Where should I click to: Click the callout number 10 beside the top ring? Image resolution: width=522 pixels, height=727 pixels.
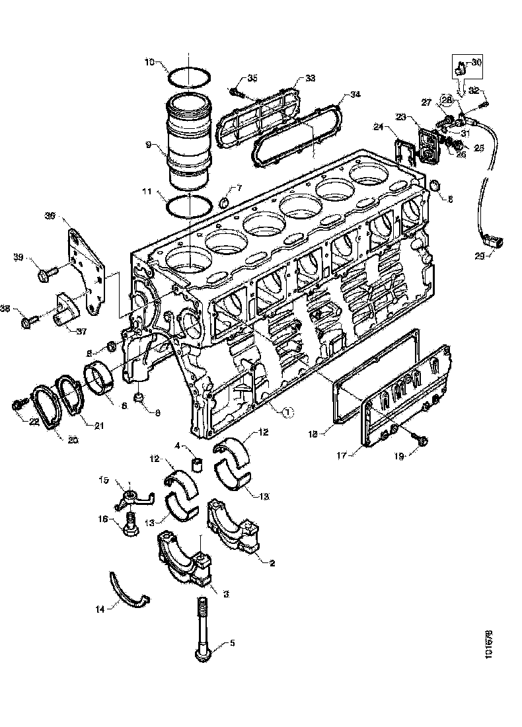(x=150, y=63)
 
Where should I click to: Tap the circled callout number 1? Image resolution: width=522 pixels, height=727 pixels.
(x=287, y=411)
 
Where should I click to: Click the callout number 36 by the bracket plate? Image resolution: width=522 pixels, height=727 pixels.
(x=50, y=215)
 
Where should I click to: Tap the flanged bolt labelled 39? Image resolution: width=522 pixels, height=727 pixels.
(x=46, y=270)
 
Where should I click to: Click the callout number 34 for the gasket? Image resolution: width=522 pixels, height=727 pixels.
(x=355, y=95)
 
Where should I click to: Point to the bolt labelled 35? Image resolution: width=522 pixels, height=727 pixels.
(x=236, y=90)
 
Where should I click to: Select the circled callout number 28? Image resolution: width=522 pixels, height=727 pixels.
(x=447, y=100)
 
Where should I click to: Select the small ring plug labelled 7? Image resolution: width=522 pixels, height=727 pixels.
(x=224, y=202)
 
